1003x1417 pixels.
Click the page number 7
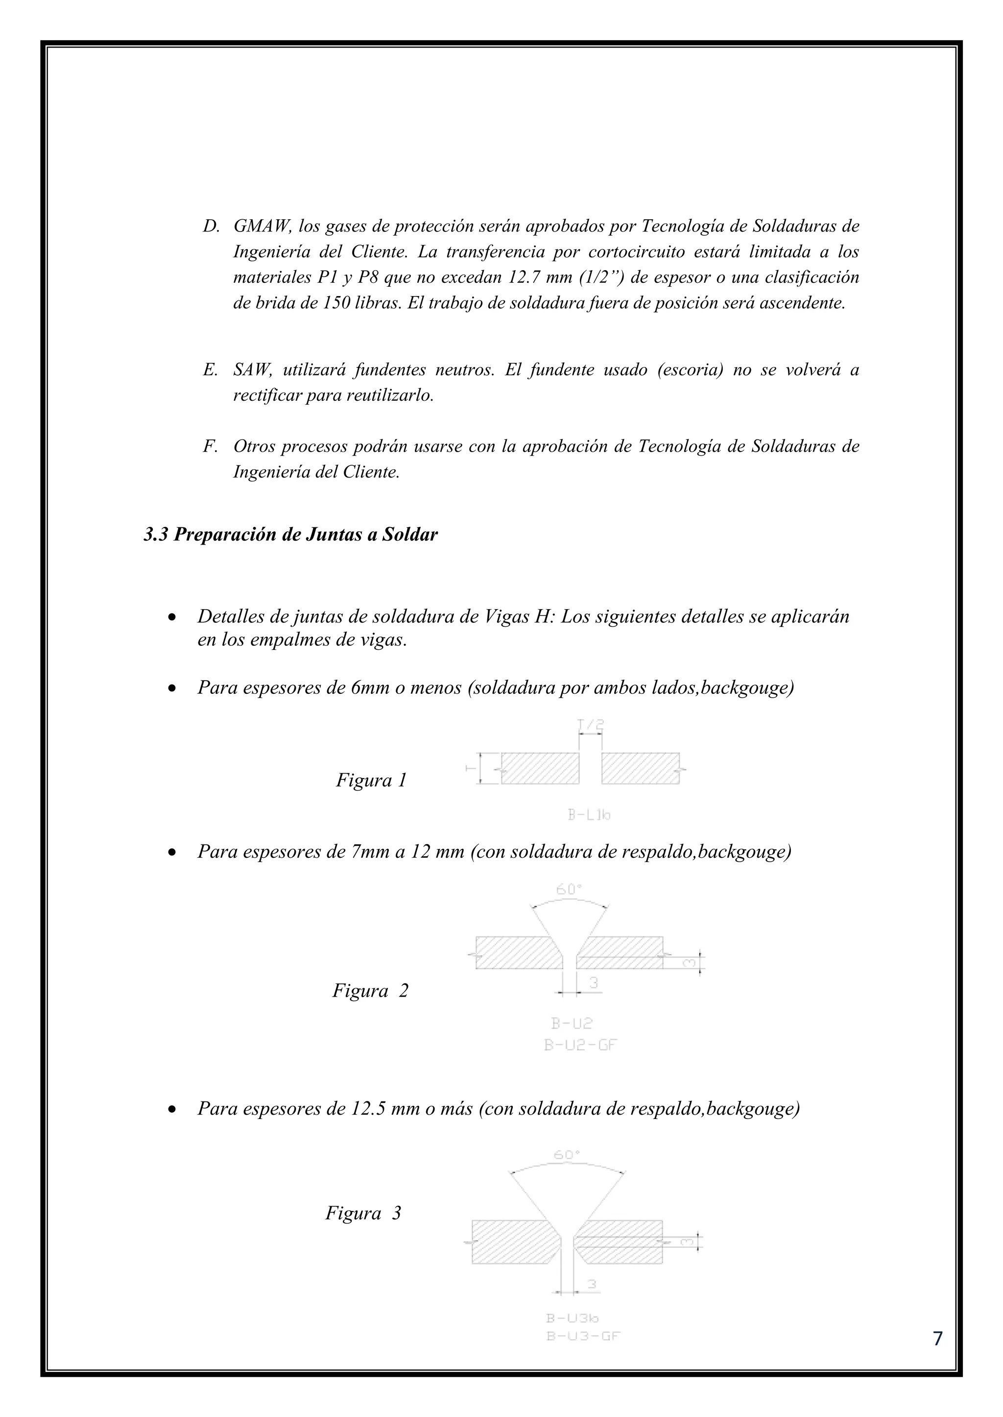click(937, 1338)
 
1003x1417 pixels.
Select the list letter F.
click(209, 446)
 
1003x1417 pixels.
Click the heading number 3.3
click(156, 534)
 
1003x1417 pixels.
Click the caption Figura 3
click(363, 1213)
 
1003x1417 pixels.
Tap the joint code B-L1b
click(589, 815)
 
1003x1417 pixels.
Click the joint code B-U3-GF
click(583, 1337)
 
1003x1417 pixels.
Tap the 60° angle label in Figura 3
click(566, 1155)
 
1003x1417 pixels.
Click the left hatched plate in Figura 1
click(540, 768)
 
